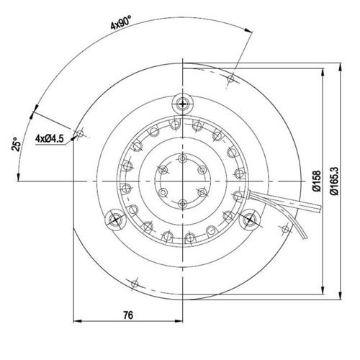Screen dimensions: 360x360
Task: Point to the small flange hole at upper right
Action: [x=230, y=76]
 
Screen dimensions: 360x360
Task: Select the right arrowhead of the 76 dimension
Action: [x=183, y=321]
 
